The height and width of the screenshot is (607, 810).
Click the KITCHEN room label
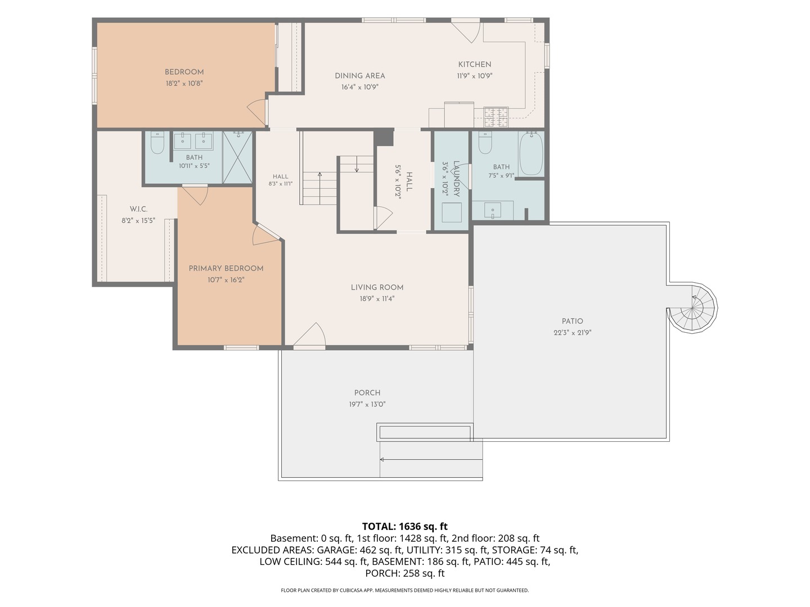(x=474, y=65)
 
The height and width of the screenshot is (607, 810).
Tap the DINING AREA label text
(x=360, y=76)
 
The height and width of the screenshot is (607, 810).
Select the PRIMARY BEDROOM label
(x=226, y=268)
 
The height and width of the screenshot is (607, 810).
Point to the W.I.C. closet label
(x=138, y=209)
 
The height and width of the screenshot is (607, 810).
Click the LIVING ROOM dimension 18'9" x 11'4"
(x=377, y=298)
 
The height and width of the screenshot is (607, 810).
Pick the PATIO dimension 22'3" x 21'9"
(x=573, y=332)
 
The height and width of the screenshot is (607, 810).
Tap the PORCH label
(x=367, y=392)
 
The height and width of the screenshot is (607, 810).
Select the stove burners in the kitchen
(x=496, y=116)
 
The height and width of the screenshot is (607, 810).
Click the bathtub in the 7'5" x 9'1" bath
(x=531, y=154)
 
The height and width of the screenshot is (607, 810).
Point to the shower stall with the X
(x=237, y=157)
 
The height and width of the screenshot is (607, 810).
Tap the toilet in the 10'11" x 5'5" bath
(x=157, y=143)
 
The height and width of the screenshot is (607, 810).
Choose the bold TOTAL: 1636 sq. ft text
(x=405, y=526)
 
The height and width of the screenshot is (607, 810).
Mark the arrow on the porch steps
(x=431, y=460)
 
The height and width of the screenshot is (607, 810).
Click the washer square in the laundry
(x=452, y=212)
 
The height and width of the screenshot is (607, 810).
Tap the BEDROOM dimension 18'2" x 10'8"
(x=184, y=83)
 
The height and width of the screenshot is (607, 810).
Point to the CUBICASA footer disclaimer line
(x=405, y=590)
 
